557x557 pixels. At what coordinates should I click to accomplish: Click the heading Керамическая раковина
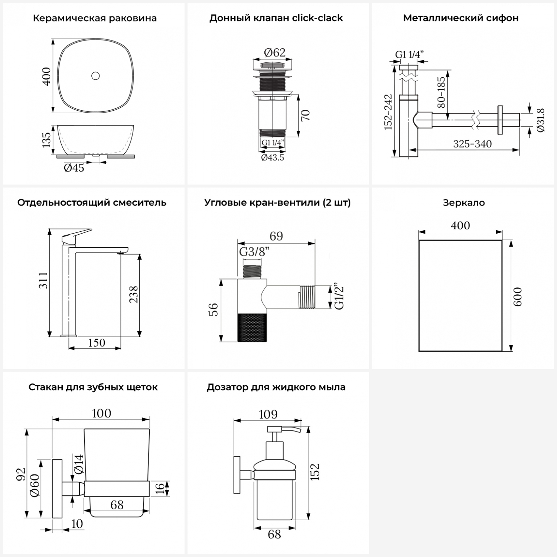click(x=95, y=18)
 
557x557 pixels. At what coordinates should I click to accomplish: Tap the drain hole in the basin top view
click(x=95, y=76)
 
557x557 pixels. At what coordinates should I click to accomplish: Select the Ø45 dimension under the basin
click(x=74, y=168)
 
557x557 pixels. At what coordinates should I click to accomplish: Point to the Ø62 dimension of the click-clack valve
click(x=274, y=53)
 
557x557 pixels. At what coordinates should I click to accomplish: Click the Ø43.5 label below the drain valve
click(x=273, y=157)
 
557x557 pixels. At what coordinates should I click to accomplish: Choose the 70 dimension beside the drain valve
click(x=305, y=115)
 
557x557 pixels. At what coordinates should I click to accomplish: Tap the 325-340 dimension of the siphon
click(x=472, y=144)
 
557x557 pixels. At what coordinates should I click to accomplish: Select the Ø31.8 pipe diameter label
click(x=540, y=120)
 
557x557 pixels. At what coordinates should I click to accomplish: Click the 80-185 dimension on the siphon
click(x=441, y=92)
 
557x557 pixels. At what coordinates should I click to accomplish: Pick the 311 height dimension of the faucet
click(x=43, y=280)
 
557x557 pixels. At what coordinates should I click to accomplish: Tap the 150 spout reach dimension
click(x=97, y=342)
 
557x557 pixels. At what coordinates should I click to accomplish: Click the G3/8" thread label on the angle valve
click(x=254, y=252)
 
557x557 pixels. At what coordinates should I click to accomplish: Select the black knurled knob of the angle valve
click(x=252, y=327)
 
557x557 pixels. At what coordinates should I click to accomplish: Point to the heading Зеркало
click(x=464, y=203)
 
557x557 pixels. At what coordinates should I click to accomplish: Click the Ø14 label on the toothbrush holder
click(x=78, y=464)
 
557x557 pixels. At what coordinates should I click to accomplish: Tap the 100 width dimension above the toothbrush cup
click(x=101, y=413)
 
